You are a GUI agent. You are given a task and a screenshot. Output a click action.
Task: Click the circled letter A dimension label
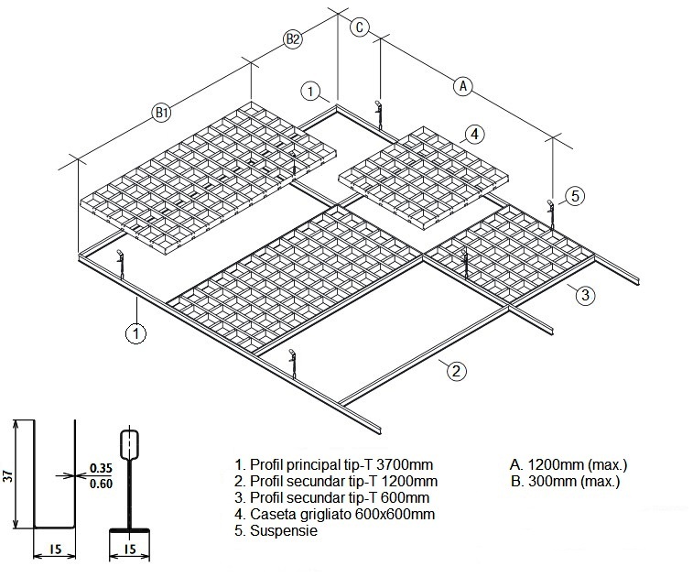pos(463,86)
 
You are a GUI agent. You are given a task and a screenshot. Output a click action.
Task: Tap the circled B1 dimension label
pos(162,113)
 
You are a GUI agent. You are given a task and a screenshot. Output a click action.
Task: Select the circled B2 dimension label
pos(292,38)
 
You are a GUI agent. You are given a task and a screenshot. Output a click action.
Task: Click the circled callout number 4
pos(473,134)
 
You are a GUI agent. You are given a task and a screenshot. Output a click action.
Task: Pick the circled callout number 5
pos(574,195)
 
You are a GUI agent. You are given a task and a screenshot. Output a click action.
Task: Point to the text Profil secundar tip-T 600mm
pos(332,497)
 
